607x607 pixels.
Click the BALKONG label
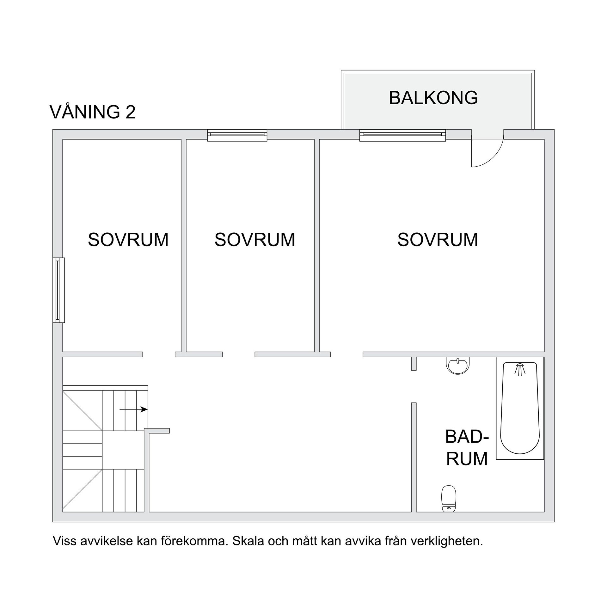point(433,98)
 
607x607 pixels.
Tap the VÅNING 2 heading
point(93,112)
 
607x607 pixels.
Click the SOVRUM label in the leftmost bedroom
point(128,240)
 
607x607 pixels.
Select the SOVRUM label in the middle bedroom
point(255,240)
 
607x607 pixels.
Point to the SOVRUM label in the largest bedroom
point(438,240)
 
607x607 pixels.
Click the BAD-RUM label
point(467,448)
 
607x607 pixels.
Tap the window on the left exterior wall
point(58,290)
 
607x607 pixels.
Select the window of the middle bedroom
point(237,135)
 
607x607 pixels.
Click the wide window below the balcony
point(402,135)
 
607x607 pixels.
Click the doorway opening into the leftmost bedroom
point(159,354)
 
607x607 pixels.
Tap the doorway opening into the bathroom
point(414,386)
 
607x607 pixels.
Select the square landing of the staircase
point(123,450)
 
